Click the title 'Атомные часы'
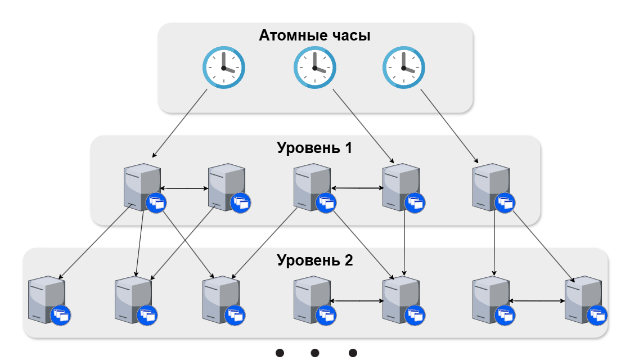(314, 36)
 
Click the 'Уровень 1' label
(314, 148)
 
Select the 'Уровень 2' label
(314, 260)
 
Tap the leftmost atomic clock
(223, 67)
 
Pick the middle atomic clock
(314, 67)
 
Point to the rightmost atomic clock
(403, 67)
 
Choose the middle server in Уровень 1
(311, 187)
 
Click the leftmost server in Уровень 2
(47, 299)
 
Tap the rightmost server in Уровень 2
(582, 299)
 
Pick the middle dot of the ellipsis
(315, 353)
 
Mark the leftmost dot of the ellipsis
(280, 353)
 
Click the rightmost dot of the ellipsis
(353, 353)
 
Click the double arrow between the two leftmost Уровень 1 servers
(184, 188)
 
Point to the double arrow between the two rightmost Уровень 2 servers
(537, 301)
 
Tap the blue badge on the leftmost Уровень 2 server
(60, 316)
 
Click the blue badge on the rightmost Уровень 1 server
(505, 203)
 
